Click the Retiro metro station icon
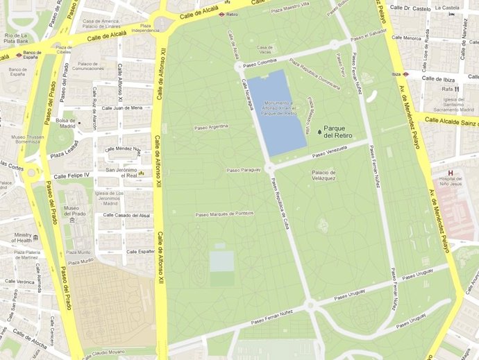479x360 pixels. tap(221, 13)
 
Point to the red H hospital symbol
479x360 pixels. tap(451, 173)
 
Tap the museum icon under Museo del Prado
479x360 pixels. tap(72, 220)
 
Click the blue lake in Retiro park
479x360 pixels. tap(277, 111)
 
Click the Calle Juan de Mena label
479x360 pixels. tap(122, 108)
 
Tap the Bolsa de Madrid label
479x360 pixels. tap(67, 123)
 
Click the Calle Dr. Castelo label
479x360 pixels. tap(412, 8)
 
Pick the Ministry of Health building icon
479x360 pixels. tap(35, 238)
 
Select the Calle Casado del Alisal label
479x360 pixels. tap(126, 215)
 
